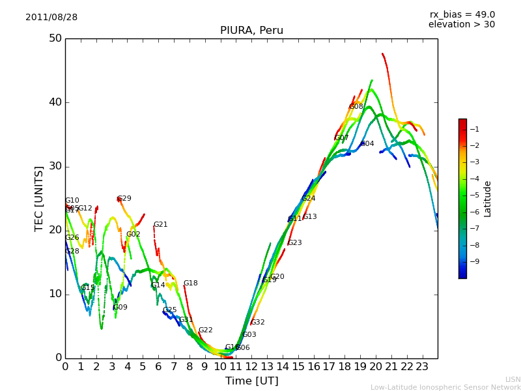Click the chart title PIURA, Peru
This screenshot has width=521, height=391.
click(x=251, y=31)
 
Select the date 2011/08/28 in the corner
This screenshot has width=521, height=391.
click(x=51, y=18)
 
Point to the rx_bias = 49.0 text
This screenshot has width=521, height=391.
click(x=462, y=15)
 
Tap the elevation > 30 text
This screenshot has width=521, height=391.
click(x=462, y=25)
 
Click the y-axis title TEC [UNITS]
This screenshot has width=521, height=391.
click(x=39, y=198)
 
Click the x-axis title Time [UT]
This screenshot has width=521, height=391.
click(x=251, y=381)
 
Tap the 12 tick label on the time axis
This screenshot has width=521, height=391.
click(x=251, y=367)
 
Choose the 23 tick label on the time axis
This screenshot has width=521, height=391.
click(x=422, y=367)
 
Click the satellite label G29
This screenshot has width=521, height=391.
click(x=124, y=199)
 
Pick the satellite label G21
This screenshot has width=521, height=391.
click(x=160, y=225)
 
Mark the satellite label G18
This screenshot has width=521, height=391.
click(x=190, y=283)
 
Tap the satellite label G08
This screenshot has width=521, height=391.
click(x=356, y=107)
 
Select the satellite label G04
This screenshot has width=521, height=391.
click(x=367, y=144)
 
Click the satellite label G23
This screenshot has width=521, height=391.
click(x=294, y=243)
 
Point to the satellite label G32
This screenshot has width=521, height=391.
click(x=257, y=323)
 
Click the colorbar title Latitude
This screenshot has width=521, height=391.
click(x=487, y=199)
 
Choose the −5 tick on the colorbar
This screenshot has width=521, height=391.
click(x=475, y=195)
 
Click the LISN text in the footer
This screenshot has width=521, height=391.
click(x=513, y=379)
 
